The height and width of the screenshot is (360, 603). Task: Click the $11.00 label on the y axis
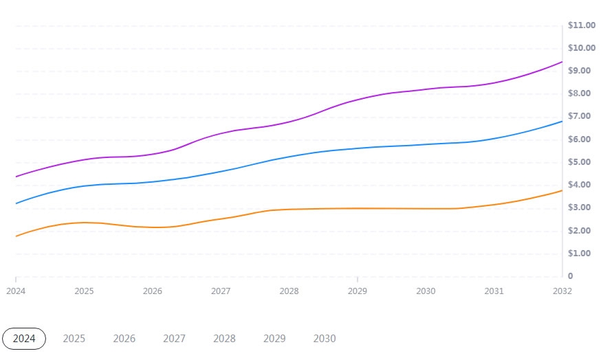[x=581, y=25]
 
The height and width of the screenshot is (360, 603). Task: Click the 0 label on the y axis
[x=570, y=276]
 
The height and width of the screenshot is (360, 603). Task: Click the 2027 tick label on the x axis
[x=221, y=291]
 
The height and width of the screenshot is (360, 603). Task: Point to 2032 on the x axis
[x=562, y=291]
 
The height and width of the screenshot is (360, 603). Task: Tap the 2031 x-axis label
[x=494, y=291]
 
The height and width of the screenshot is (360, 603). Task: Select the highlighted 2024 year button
[x=24, y=339]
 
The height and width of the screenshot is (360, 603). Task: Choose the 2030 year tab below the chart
[x=325, y=339]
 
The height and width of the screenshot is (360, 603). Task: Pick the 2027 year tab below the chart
[x=174, y=339]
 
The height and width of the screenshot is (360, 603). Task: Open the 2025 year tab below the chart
[x=74, y=339]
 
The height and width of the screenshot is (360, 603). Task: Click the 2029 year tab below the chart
[x=274, y=339]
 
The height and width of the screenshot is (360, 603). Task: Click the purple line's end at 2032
[x=562, y=62]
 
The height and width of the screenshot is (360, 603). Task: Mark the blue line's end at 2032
[x=562, y=122]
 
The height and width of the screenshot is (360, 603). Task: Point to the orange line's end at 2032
[x=562, y=190]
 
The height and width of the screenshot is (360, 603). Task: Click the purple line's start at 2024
[x=16, y=177]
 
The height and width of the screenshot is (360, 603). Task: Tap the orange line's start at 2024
[x=16, y=236]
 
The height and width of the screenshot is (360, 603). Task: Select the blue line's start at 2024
[x=16, y=203]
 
